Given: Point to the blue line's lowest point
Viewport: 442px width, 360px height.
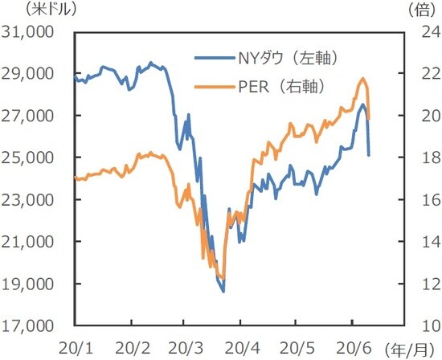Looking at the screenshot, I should pyautogui.click(x=223, y=292).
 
